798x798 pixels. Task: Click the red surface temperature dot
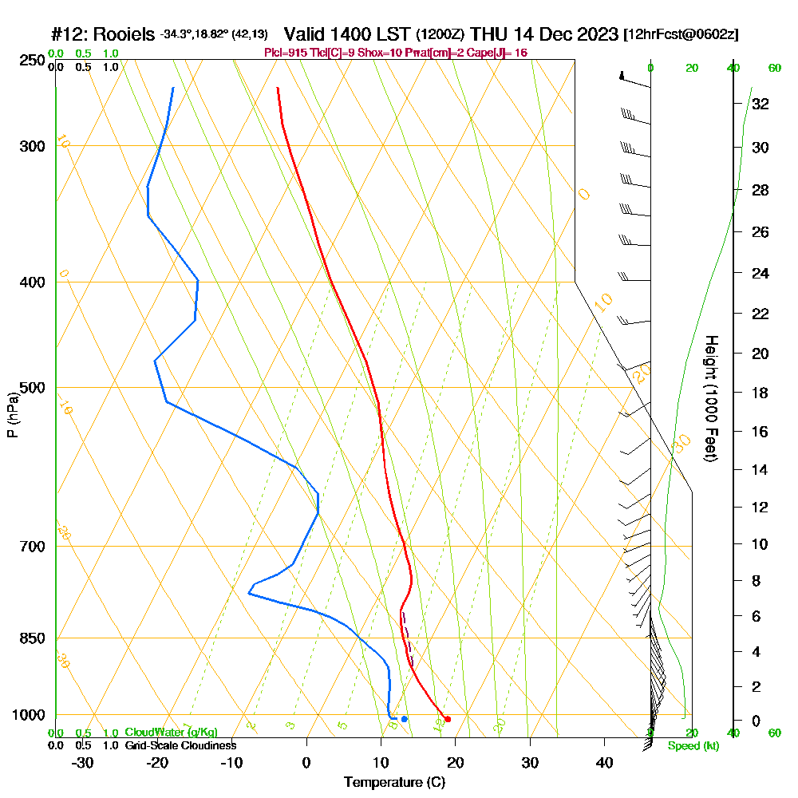coord(448,719)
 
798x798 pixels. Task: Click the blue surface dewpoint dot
coord(405,719)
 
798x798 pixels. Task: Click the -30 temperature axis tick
coord(83,761)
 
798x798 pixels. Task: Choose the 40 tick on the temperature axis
coord(604,761)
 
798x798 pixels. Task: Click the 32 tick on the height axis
coord(760,103)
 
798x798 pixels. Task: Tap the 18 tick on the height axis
coord(760,393)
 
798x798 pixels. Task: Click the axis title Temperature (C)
coord(394,783)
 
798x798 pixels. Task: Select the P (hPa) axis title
coord(12,415)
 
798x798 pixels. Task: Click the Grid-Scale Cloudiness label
coord(180,745)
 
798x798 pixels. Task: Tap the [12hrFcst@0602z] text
coord(681,34)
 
